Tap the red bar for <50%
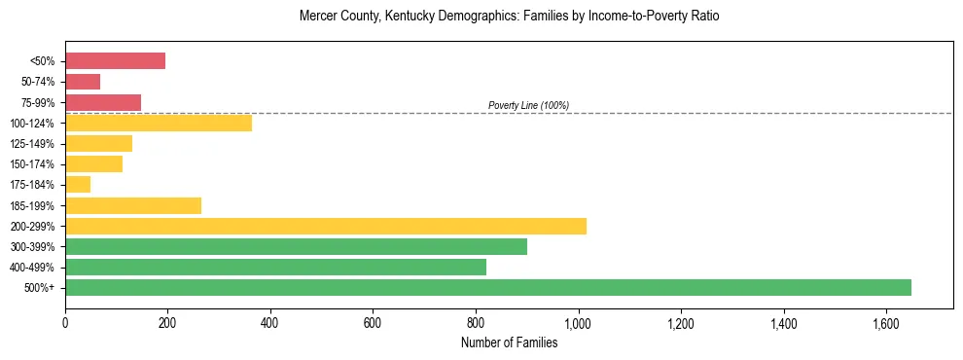coord(115,61)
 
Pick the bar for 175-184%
coord(78,185)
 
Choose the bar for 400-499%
coord(275,267)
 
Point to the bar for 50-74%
coord(83,82)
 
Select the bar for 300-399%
coord(296,246)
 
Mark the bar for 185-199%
coord(133,205)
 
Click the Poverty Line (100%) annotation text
coord(528,105)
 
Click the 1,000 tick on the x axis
coord(578,323)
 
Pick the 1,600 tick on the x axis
coord(886,323)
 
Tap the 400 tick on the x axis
coord(270,323)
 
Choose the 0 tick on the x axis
coord(65,323)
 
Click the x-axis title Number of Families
coord(509,342)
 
